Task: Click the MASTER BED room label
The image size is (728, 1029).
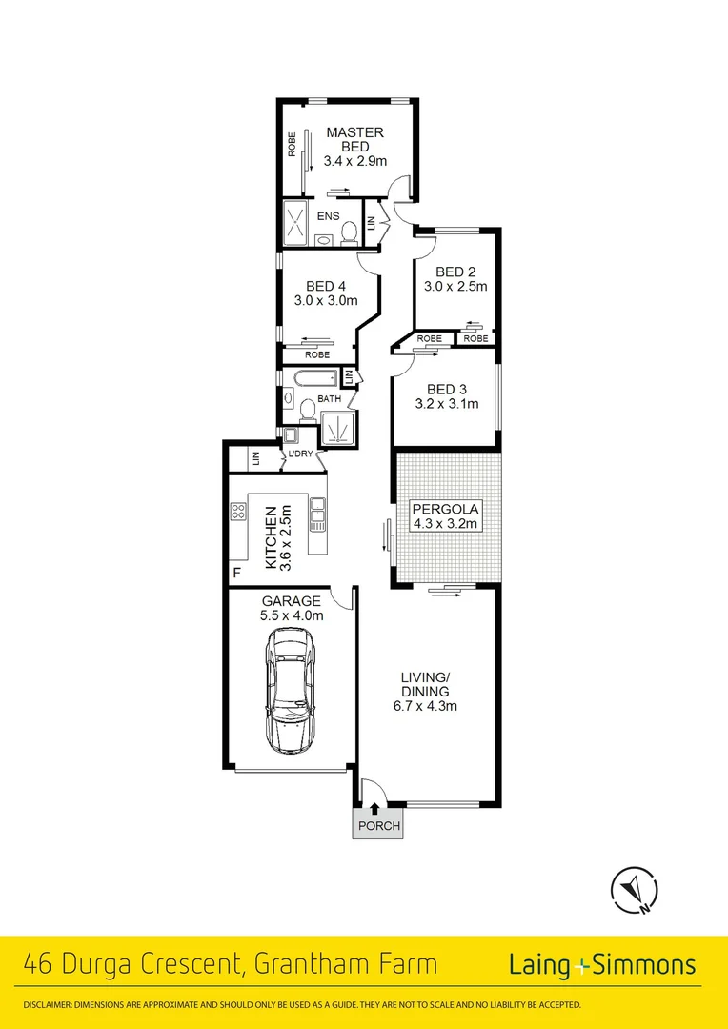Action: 354,140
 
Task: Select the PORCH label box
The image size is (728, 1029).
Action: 377,826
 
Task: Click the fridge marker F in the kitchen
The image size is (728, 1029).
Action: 236,573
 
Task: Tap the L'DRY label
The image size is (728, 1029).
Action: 300,454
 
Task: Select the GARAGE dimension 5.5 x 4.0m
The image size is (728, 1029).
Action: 292,615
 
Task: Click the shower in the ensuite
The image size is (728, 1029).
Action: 295,226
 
